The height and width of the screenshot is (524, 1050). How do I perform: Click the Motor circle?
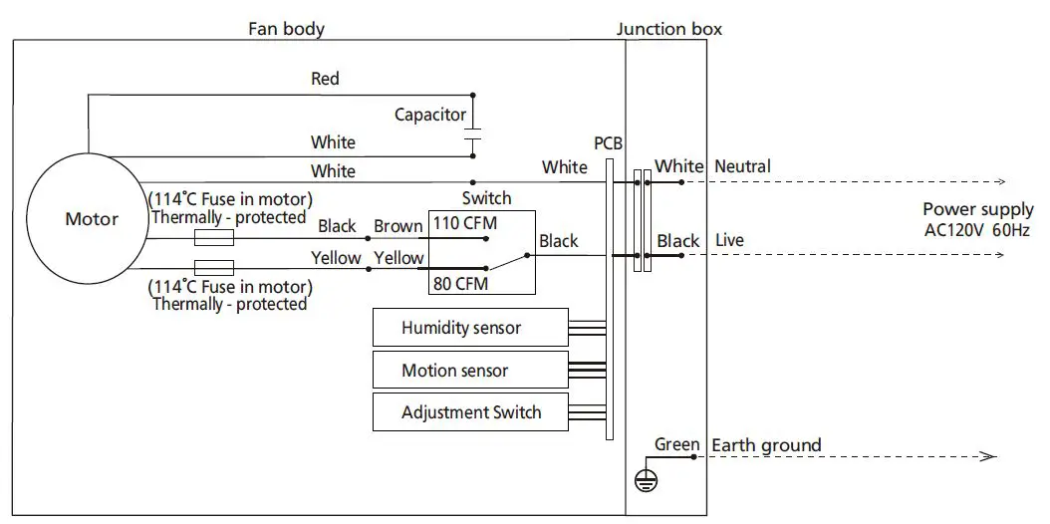[x=91, y=219]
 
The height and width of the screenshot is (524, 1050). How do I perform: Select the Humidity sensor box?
[x=460, y=327]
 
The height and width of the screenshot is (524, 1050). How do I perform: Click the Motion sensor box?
[x=454, y=370]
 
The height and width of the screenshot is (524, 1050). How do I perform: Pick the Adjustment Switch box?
[x=471, y=412]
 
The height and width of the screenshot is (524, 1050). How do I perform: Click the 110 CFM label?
[x=465, y=222]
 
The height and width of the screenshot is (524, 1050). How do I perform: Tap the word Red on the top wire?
[x=325, y=79]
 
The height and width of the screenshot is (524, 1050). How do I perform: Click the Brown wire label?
[x=398, y=226]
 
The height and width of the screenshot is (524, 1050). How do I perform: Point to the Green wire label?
[x=676, y=444]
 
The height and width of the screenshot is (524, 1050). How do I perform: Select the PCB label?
[x=608, y=143]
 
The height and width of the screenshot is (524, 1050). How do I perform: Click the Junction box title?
[x=668, y=29]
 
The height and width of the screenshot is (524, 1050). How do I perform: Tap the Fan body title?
[x=286, y=29]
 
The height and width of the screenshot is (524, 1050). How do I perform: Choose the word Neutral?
[x=742, y=166]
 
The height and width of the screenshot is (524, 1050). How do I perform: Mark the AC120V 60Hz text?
[x=975, y=230]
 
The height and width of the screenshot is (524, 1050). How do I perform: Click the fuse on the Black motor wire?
[x=212, y=238]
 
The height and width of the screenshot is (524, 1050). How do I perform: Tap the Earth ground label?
[x=766, y=444]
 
